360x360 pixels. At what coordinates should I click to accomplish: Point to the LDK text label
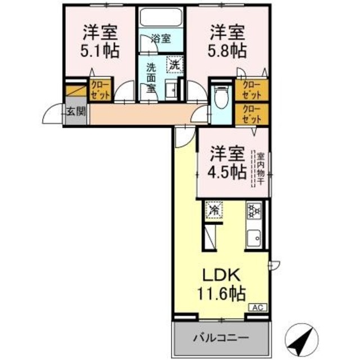(x=222, y=276)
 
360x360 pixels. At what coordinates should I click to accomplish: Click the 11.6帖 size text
(x=222, y=294)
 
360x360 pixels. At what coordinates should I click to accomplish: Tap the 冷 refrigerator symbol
(x=214, y=210)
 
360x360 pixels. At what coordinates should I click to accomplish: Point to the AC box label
(x=257, y=308)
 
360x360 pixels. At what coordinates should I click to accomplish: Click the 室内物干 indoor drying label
(x=260, y=168)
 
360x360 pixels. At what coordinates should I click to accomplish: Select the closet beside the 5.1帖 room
(x=102, y=88)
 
